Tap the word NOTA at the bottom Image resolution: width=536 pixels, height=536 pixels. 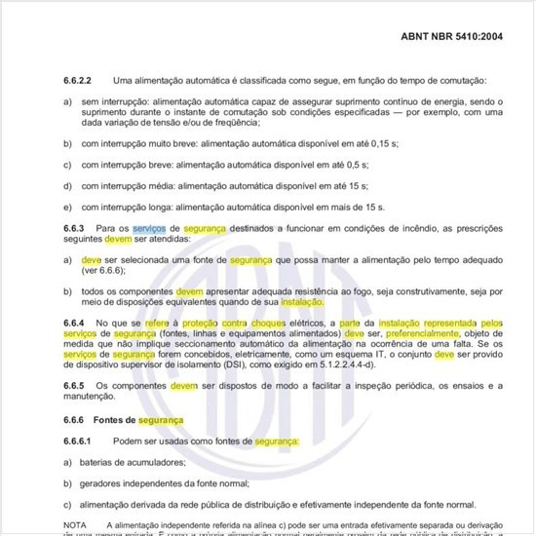(x=74, y=525)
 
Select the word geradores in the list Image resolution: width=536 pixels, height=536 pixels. (x=103, y=483)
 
